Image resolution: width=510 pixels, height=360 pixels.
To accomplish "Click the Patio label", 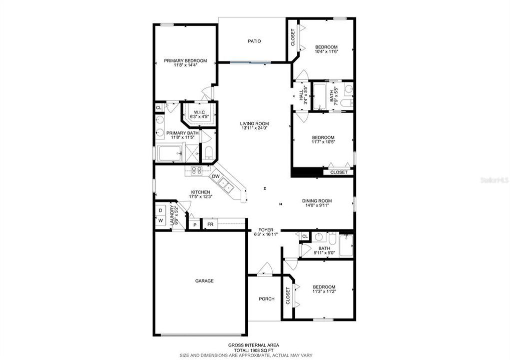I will (x=254, y=41).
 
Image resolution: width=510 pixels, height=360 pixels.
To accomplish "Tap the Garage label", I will (x=204, y=281).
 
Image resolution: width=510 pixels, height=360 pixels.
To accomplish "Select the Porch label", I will (x=267, y=299).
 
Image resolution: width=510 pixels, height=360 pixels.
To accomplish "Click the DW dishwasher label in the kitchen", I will (x=216, y=176).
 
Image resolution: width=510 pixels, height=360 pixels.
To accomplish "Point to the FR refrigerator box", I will (x=210, y=224).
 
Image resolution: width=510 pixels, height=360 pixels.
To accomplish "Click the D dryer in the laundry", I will (x=161, y=211).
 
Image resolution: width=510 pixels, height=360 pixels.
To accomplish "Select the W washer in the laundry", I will (x=161, y=220).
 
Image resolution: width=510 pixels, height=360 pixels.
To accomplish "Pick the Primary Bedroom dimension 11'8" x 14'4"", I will (x=185, y=65).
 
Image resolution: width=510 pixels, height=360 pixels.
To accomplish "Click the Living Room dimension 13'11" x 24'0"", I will (x=254, y=128).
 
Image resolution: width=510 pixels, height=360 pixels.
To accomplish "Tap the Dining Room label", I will (x=317, y=201).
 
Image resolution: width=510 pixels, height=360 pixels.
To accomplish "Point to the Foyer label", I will (x=265, y=230).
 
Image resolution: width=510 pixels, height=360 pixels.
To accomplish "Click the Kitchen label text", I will (x=200, y=192).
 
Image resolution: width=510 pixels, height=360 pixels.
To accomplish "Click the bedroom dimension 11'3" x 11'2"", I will (x=324, y=291).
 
